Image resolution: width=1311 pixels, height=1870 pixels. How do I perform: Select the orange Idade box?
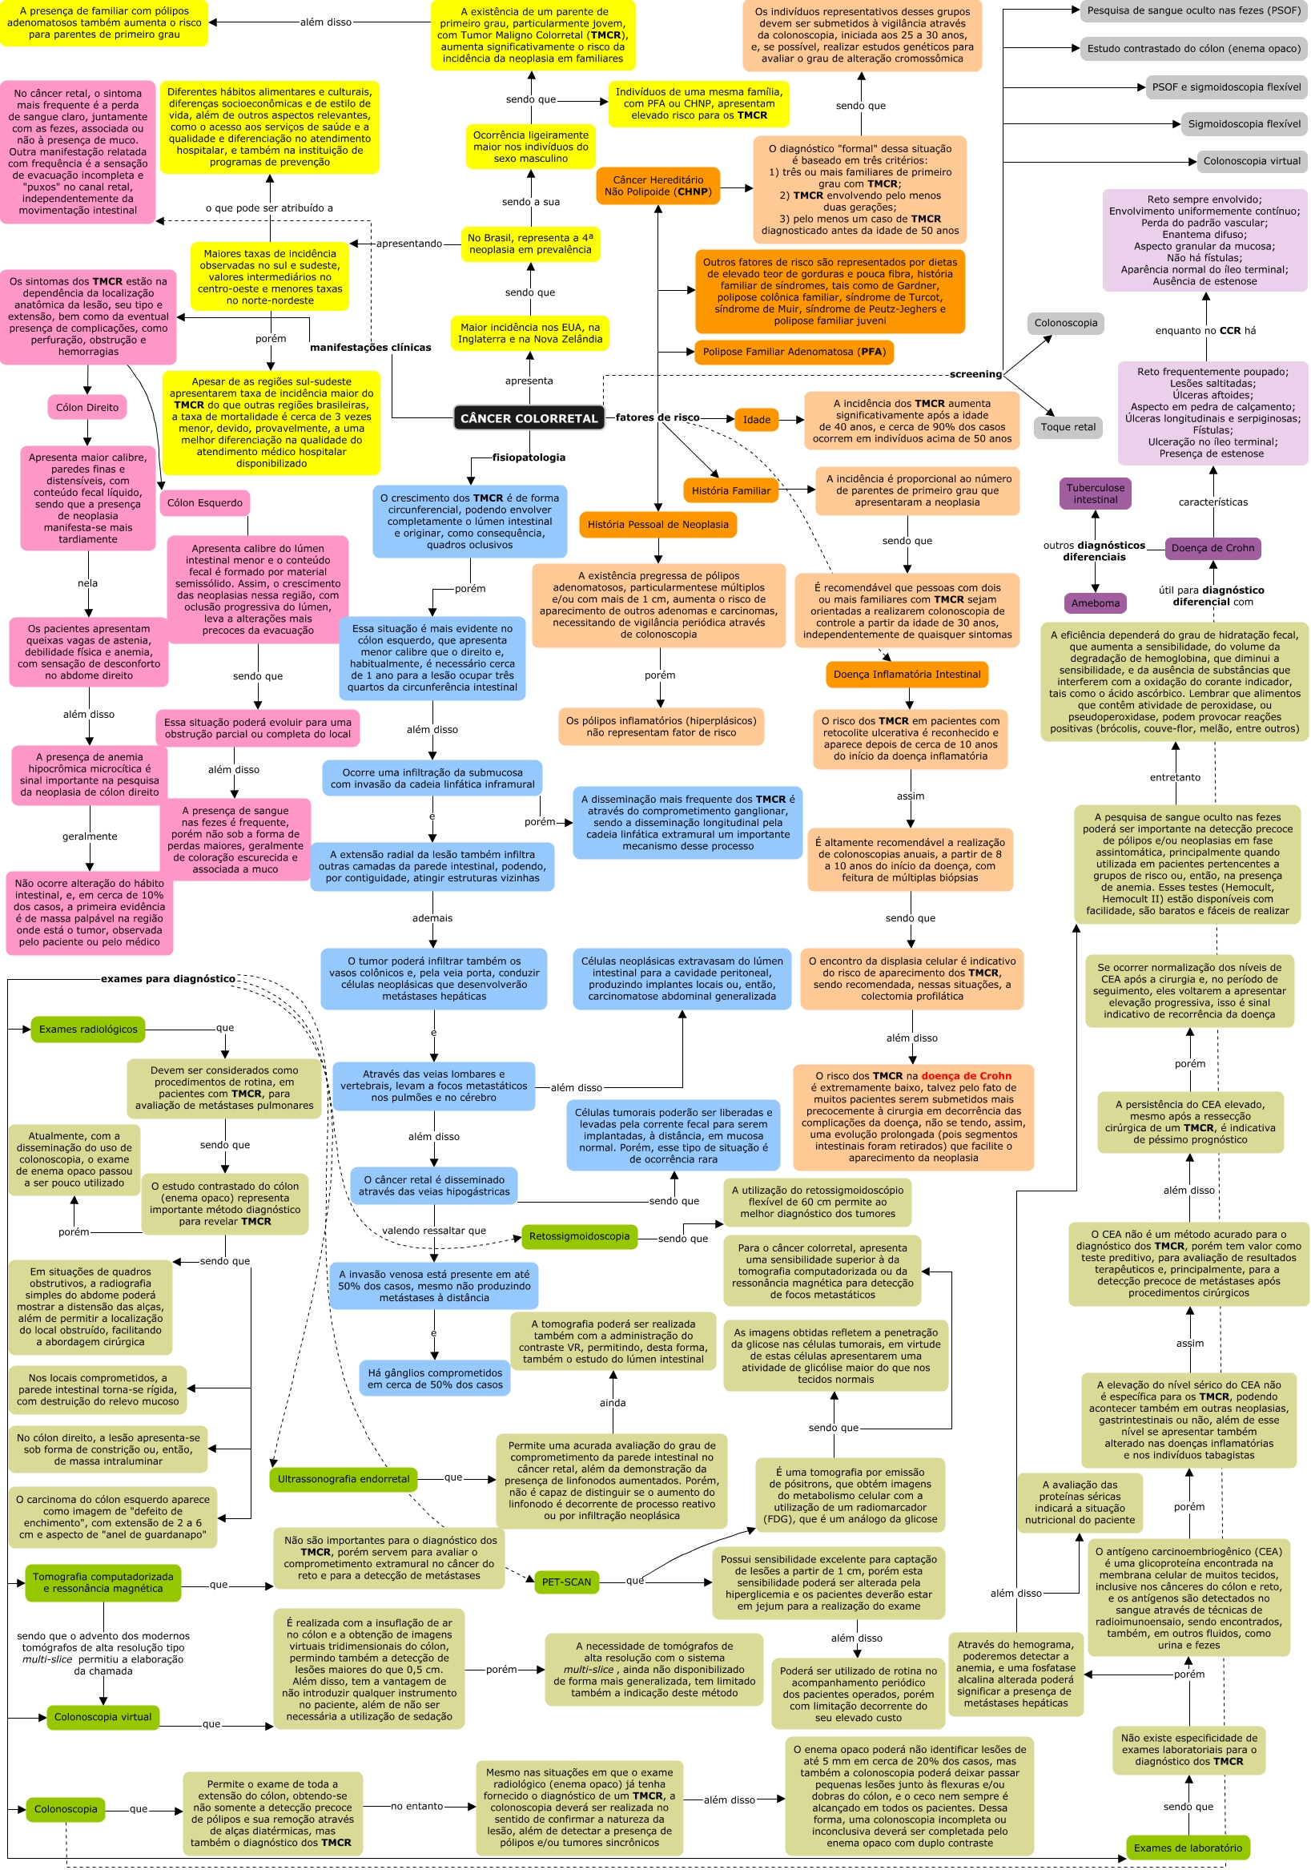point(756,421)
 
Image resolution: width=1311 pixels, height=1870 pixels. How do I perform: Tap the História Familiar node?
point(730,491)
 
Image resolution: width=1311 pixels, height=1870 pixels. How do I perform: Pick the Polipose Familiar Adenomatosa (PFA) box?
point(793,352)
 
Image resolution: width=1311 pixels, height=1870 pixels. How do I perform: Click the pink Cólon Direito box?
point(87,408)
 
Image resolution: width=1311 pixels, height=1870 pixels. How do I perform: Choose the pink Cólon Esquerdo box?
point(204,503)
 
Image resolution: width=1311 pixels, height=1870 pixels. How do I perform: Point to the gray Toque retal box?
point(1068,428)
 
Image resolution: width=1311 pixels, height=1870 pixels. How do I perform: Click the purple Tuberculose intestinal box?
point(1095,494)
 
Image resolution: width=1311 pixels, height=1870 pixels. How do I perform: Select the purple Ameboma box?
point(1095,603)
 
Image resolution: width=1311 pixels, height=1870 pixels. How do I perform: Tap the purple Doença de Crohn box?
point(1212,548)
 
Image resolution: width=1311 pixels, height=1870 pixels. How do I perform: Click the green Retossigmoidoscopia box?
point(579,1236)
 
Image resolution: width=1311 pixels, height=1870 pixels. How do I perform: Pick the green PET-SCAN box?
point(566,1582)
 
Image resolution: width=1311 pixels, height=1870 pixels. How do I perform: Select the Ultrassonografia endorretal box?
point(343,1479)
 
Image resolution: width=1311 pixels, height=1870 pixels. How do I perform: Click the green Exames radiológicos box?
point(88,1030)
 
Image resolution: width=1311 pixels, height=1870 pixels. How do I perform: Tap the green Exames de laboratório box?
point(1187,1848)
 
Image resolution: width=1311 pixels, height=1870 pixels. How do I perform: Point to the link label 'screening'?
point(975,375)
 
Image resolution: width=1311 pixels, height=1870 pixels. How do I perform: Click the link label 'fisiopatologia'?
point(529,457)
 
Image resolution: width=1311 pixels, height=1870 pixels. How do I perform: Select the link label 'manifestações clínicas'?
point(371,348)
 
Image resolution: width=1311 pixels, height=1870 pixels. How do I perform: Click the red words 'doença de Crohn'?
point(966,1076)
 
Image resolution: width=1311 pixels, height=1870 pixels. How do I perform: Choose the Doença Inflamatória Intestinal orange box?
point(907,675)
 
